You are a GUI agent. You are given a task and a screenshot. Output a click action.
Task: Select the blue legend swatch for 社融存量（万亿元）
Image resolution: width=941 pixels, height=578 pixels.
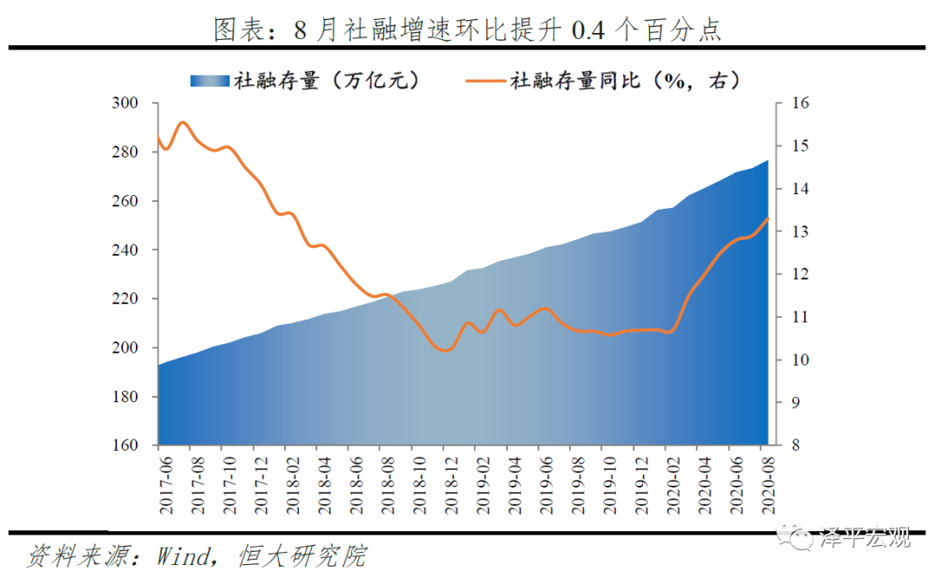209,81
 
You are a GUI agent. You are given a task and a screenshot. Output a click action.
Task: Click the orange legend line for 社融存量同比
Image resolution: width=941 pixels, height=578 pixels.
478,81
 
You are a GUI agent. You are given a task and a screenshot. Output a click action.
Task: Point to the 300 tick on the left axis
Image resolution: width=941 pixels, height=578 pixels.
125,104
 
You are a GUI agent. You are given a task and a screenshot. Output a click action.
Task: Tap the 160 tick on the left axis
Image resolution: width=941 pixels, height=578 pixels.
125,446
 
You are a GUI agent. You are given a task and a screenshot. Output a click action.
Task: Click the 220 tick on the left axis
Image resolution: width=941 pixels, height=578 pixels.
125,299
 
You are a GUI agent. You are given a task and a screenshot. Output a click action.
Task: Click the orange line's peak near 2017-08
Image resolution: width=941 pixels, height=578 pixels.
182,123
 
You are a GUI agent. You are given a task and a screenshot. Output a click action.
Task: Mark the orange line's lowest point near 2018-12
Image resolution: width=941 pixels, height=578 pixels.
446,350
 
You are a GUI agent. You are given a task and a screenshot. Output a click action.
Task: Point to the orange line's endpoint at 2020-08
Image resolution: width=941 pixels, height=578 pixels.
768,218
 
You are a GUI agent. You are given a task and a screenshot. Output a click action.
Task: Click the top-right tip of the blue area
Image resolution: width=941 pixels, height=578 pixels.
768,160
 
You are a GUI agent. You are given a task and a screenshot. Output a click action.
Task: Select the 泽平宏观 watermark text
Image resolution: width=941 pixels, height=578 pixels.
866,538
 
